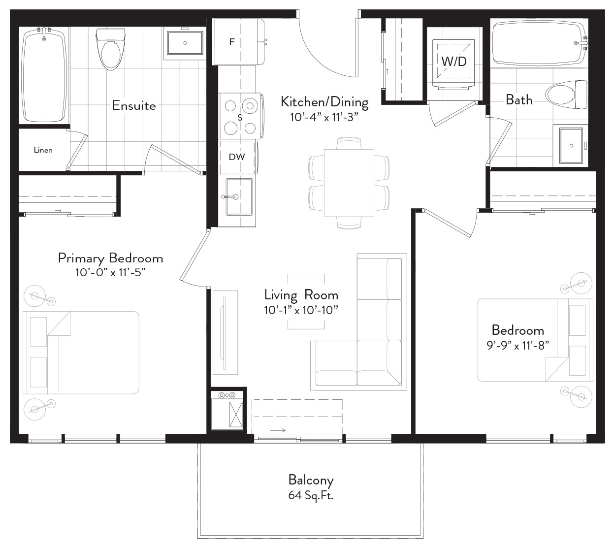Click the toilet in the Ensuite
coord(110,49)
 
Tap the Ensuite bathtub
coord(44,75)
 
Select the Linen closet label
coord(43,150)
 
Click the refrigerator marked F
coord(238,41)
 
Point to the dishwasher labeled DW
coord(237,157)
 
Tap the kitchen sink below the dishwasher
coord(239,197)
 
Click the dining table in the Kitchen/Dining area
coord(349,183)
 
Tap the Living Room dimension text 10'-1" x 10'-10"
coord(301,310)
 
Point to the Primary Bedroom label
coord(110,258)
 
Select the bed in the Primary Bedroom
coord(81,353)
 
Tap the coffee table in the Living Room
coord(306,301)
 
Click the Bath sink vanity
coord(571,145)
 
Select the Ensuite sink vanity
coord(185,43)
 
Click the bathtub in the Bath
coord(539,42)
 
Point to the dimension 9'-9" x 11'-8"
coord(518,346)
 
